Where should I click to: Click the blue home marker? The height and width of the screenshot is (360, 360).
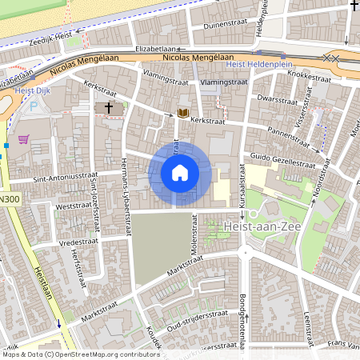180,173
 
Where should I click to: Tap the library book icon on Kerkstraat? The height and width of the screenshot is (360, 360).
183,114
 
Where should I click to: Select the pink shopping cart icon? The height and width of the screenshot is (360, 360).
24,138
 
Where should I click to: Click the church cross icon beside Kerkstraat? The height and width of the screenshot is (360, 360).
109,106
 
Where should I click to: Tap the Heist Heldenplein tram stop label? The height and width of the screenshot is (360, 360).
259,64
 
